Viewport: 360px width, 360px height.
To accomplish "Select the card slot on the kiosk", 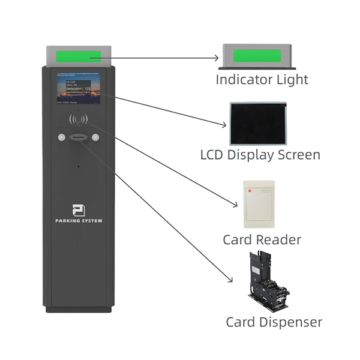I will point(78,137).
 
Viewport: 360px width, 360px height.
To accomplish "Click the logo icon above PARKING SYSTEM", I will point(78,211).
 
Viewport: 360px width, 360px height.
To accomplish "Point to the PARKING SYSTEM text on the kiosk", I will point(78,221).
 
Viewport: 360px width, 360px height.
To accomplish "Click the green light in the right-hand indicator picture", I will point(256,56).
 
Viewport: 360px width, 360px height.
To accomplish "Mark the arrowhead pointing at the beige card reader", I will point(236,206).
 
